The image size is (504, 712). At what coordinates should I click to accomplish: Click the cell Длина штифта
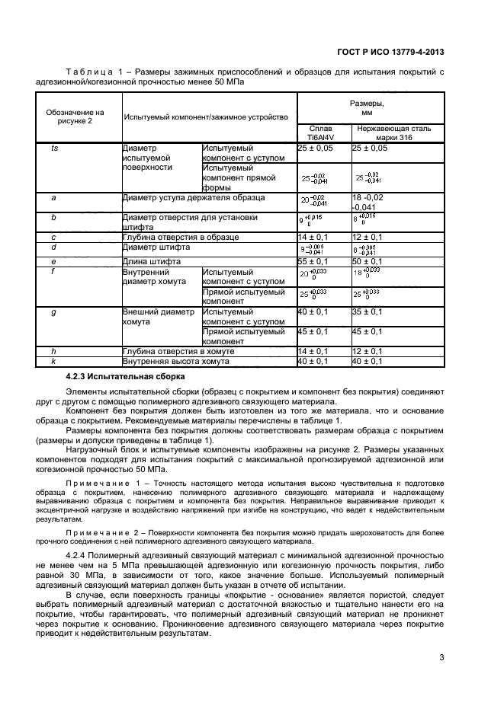147,261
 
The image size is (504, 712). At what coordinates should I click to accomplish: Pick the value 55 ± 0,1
313,261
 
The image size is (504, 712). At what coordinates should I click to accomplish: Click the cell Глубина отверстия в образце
180,238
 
